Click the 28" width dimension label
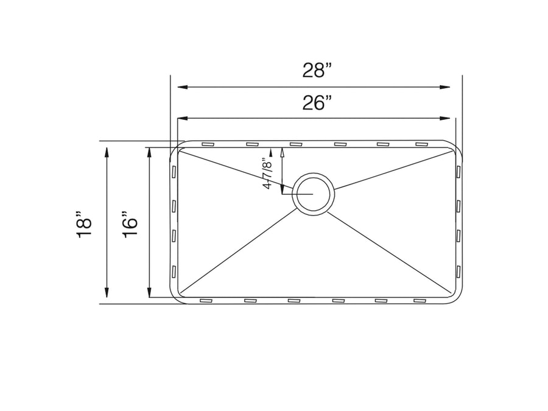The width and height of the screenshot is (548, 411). (x=317, y=71)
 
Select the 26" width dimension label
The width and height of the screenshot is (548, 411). (x=317, y=103)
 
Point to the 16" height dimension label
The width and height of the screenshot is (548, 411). (x=129, y=224)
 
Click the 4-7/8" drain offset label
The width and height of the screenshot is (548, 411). (x=266, y=174)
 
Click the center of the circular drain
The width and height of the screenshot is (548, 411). (x=313, y=194)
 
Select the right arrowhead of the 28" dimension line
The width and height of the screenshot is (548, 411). (x=446, y=87)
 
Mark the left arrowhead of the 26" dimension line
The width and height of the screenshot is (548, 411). (x=181, y=118)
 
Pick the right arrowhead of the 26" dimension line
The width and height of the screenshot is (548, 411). (x=446, y=118)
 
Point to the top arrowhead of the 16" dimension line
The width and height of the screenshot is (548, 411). (x=149, y=152)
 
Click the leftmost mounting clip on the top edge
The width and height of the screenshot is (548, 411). (x=207, y=144)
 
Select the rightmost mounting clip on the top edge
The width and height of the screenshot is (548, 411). (x=421, y=144)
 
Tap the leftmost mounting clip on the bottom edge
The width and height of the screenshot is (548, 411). (x=206, y=300)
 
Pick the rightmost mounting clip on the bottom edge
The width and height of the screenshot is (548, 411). (x=421, y=300)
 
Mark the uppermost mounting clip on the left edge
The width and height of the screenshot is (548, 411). (x=174, y=173)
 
